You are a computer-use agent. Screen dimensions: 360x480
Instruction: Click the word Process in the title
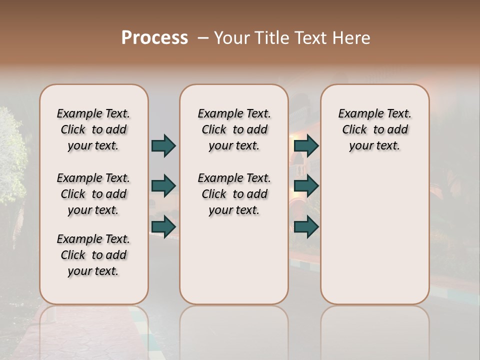(154, 38)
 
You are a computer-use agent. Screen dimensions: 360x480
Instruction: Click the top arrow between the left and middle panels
(163, 146)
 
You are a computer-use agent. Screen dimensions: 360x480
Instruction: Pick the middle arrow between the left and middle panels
(163, 186)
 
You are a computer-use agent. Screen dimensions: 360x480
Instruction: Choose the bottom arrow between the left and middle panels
(163, 226)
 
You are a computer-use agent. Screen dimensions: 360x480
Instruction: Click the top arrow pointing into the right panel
(306, 146)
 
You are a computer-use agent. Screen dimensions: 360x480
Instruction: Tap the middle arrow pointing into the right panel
(306, 186)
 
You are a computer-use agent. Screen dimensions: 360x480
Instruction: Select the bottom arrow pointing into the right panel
(306, 227)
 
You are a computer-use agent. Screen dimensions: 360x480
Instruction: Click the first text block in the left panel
(93, 129)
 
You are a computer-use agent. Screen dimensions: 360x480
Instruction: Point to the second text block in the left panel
(93, 194)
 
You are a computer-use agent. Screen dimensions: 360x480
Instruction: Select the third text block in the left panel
(93, 255)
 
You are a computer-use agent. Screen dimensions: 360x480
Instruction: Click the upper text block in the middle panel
(234, 129)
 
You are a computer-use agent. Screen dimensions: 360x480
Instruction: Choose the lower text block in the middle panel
(234, 194)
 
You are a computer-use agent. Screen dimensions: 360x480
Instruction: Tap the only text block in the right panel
(375, 129)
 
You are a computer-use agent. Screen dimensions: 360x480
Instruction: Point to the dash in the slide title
(203, 38)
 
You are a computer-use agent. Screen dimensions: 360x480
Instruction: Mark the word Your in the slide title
(232, 38)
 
